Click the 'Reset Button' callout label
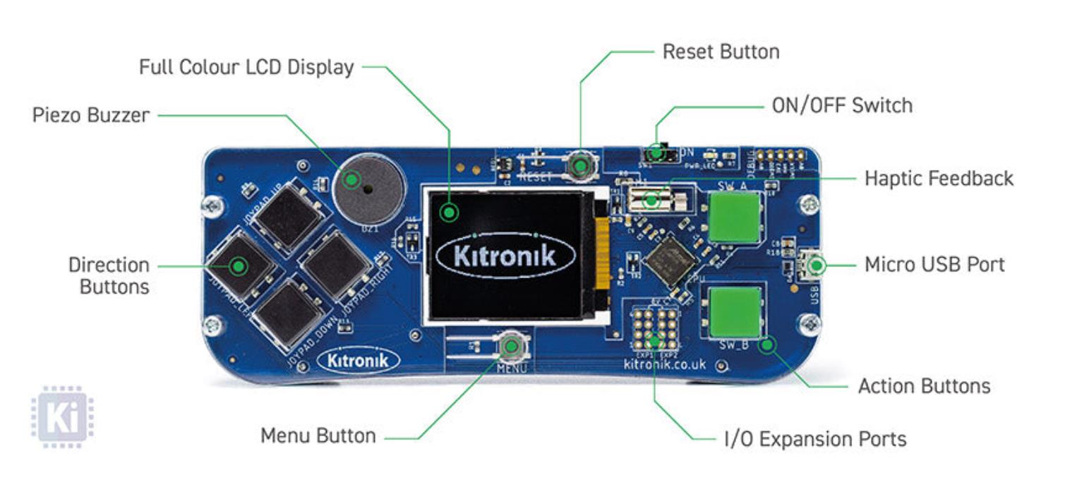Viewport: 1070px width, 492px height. click(x=721, y=52)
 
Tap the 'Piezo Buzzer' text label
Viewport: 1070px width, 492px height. click(x=91, y=115)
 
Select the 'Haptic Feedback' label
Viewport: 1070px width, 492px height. click(x=939, y=178)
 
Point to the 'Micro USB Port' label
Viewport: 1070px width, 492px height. click(x=934, y=265)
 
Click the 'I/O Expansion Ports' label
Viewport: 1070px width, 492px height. click(x=815, y=439)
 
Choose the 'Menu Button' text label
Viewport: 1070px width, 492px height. click(x=318, y=436)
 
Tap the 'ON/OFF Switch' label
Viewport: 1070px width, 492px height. click(x=842, y=106)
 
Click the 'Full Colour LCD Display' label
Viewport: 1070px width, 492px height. click(x=246, y=67)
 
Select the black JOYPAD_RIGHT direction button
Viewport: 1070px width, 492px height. click(x=335, y=265)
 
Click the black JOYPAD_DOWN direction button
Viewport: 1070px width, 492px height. click(x=289, y=313)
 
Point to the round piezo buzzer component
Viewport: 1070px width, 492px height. click(x=368, y=188)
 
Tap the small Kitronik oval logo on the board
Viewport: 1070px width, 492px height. click(x=359, y=361)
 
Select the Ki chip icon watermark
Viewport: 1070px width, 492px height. click(x=62, y=416)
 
